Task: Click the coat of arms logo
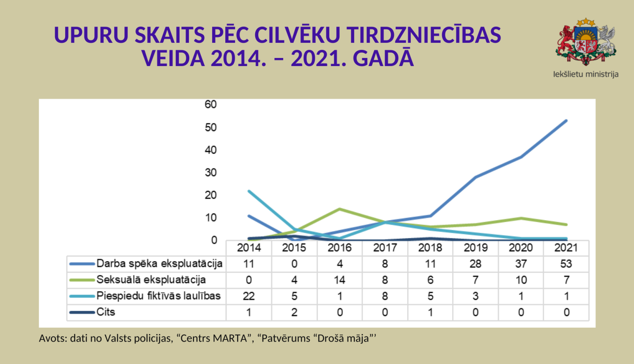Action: click(585, 41)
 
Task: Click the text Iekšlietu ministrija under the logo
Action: click(585, 74)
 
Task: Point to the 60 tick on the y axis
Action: click(210, 105)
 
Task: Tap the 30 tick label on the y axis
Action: click(210, 172)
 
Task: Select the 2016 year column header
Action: click(339, 248)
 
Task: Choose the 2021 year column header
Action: click(566, 248)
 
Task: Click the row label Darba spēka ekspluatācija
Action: click(159, 264)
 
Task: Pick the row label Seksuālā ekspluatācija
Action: click(151, 280)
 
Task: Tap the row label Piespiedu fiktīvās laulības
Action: click(158, 296)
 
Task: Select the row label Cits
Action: click(106, 312)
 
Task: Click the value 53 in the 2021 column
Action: click(566, 264)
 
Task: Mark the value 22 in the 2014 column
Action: click(249, 296)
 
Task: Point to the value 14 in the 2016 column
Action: click(339, 280)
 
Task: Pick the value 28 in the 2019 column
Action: click(475, 264)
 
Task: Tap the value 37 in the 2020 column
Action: click(521, 264)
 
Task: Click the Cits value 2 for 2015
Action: click(294, 312)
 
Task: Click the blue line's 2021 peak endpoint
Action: click(566, 121)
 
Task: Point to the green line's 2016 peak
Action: click(339, 209)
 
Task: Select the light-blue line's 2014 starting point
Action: click(249, 191)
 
